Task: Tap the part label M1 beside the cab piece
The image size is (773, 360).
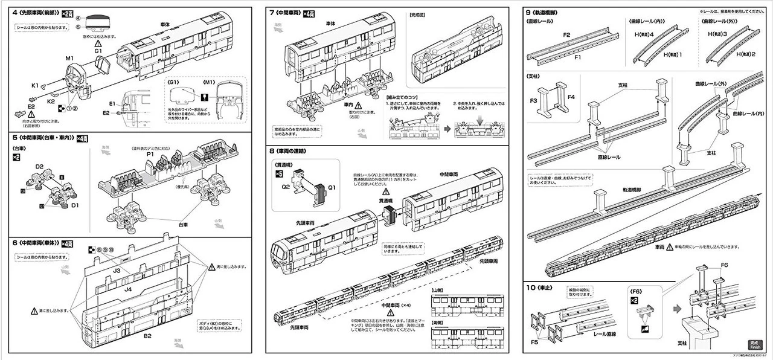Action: tap(69, 58)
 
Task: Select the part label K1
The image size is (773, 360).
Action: tap(36, 85)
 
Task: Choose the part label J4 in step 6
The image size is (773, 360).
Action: tap(128, 290)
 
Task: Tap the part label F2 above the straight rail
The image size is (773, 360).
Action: tap(567, 36)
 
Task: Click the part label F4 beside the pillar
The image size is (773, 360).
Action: tap(572, 95)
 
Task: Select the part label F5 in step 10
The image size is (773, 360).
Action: tap(534, 342)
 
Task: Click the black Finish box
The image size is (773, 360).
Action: tap(755, 345)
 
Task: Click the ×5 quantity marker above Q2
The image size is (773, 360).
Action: tap(279, 173)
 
